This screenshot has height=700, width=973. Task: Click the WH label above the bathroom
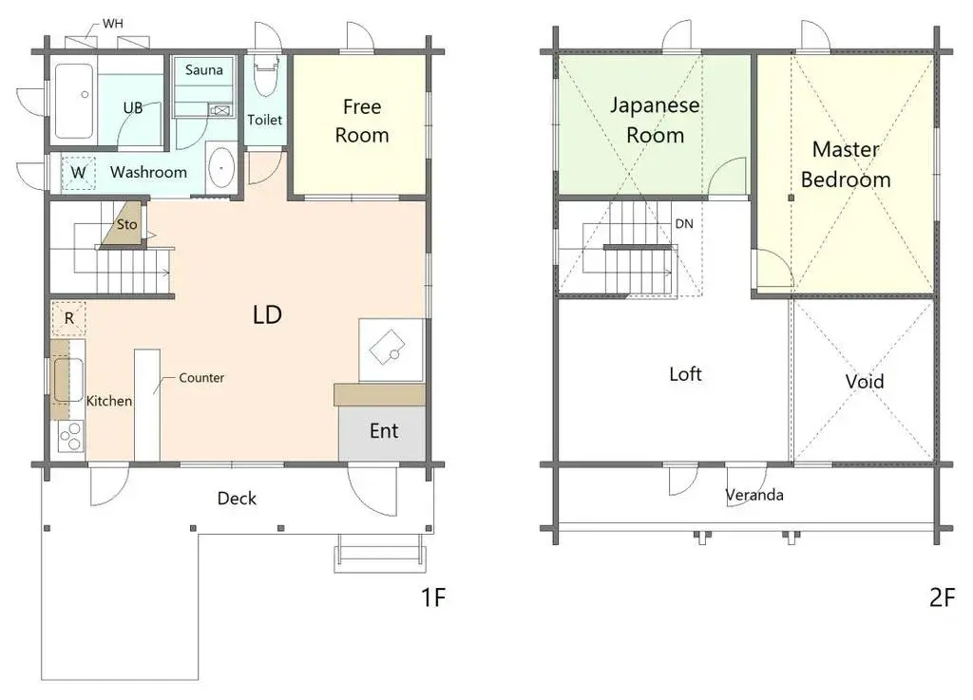coord(112,22)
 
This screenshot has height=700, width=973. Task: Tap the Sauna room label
coord(204,70)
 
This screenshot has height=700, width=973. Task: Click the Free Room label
coord(361,120)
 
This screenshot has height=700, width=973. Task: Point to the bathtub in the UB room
coord(73,99)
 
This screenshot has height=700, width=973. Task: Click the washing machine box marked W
coord(78,173)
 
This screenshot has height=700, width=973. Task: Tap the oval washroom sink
coord(221,169)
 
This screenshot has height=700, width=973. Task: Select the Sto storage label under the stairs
coord(126,225)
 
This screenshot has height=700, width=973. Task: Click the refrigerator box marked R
coord(69,318)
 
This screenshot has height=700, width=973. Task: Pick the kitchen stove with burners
coord(70,436)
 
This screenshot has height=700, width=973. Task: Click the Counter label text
coord(201,378)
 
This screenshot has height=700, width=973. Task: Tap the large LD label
coord(267,315)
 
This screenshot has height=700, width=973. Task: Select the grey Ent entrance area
coord(383,432)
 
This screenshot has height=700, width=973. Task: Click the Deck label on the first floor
coord(237,499)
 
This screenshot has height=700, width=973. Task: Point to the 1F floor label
coord(432,597)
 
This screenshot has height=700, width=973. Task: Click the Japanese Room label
coord(655,120)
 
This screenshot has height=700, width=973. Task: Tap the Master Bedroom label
coord(846,164)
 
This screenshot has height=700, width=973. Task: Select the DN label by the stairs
coord(683,224)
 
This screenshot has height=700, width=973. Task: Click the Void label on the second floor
coord(865,382)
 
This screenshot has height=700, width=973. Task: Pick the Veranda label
coord(754,495)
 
